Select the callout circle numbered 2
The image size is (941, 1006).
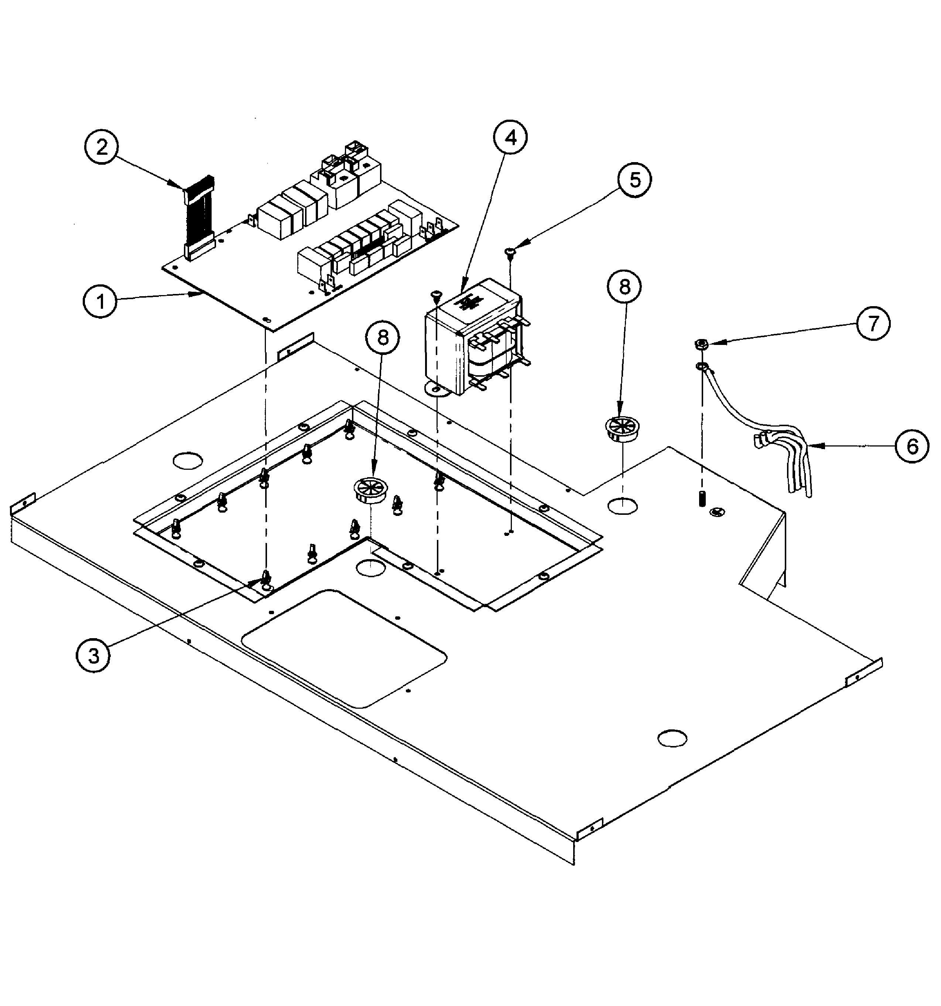102,147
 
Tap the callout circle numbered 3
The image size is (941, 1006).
93,656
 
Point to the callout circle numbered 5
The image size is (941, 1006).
634,179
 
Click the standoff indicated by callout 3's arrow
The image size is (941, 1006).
266,578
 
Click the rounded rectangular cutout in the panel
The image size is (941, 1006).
344,648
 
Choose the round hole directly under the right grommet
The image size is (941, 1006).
622,504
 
